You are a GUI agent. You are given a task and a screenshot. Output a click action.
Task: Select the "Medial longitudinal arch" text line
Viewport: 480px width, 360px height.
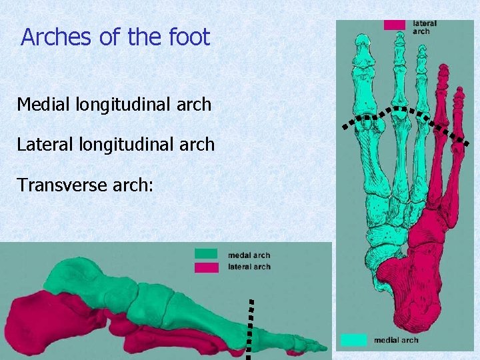(114, 105)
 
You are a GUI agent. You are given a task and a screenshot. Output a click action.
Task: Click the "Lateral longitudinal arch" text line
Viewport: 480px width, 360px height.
(116, 144)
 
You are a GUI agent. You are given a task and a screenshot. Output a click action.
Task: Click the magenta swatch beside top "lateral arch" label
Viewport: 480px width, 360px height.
(394, 25)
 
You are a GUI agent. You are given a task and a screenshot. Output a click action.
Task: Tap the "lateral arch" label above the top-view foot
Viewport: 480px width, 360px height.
(425, 27)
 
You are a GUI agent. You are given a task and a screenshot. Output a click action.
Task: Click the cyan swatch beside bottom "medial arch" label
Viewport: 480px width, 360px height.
(353, 339)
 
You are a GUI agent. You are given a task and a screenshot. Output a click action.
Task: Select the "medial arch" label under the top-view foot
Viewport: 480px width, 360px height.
(396, 340)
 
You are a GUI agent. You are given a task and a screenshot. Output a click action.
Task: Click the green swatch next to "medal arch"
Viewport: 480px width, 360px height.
(206, 254)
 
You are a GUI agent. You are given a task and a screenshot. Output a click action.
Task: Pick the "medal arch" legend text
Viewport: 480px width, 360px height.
(249, 255)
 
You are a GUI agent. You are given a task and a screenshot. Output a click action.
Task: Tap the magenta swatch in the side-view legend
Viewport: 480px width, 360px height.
(206, 267)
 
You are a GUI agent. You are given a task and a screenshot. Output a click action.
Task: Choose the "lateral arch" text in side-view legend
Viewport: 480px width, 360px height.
(249, 267)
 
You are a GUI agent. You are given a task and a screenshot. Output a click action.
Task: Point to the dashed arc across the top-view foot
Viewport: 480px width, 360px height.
(400, 109)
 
